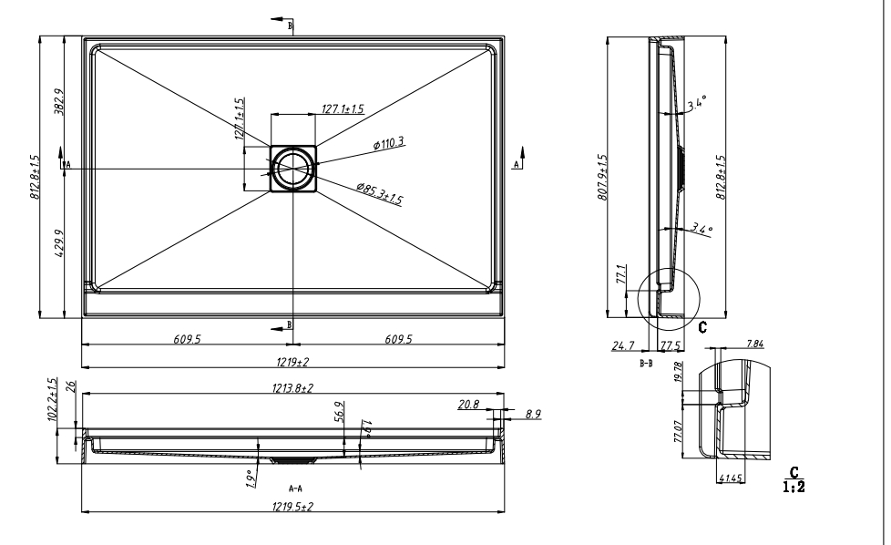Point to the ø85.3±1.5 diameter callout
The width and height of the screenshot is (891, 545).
point(379,193)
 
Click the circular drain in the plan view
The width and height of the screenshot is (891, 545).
point(293,167)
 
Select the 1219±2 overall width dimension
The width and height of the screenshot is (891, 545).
point(293,362)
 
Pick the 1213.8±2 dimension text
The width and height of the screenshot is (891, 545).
point(293,387)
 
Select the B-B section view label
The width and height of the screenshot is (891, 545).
point(646,363)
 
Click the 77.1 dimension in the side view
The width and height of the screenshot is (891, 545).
point(622,275)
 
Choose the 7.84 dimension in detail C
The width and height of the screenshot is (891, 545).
point(755,344)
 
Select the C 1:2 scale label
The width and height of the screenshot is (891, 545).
point(793,479)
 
